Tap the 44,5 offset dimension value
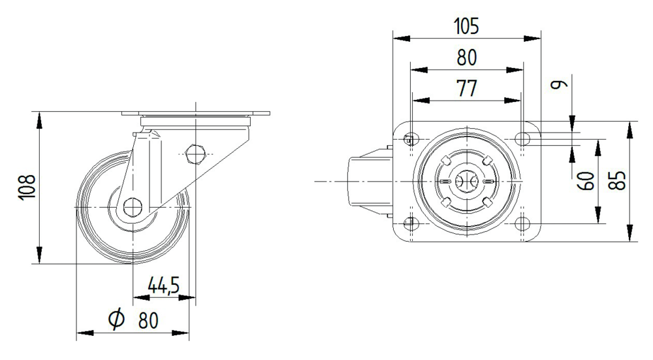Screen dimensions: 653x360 pos(164,286)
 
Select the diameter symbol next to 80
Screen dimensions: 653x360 pos(116,319)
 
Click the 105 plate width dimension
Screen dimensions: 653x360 pos(466,26)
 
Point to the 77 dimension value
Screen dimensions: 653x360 pos(466,88)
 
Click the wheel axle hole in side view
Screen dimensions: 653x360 pos(133,207)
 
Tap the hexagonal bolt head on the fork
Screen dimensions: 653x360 pos(195,154)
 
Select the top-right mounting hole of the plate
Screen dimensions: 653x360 pos(522,139)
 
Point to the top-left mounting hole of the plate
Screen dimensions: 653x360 pos(411,139)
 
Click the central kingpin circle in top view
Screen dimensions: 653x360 pos(467,181)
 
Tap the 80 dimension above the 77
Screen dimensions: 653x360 pos(466,58)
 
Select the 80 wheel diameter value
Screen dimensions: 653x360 pos(148,320)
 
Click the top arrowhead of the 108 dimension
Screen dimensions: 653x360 pos(39,120)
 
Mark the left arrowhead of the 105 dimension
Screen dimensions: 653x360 pos(402,39)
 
